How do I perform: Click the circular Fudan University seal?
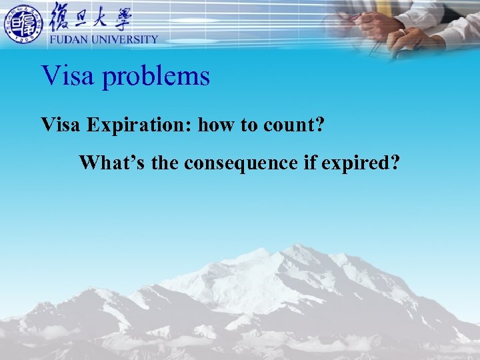(24, 24)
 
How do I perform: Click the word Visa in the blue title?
(67, 76)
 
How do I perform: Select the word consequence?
(241, 163)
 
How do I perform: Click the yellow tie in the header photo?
(385, 7)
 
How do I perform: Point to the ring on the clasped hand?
(401, 32)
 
